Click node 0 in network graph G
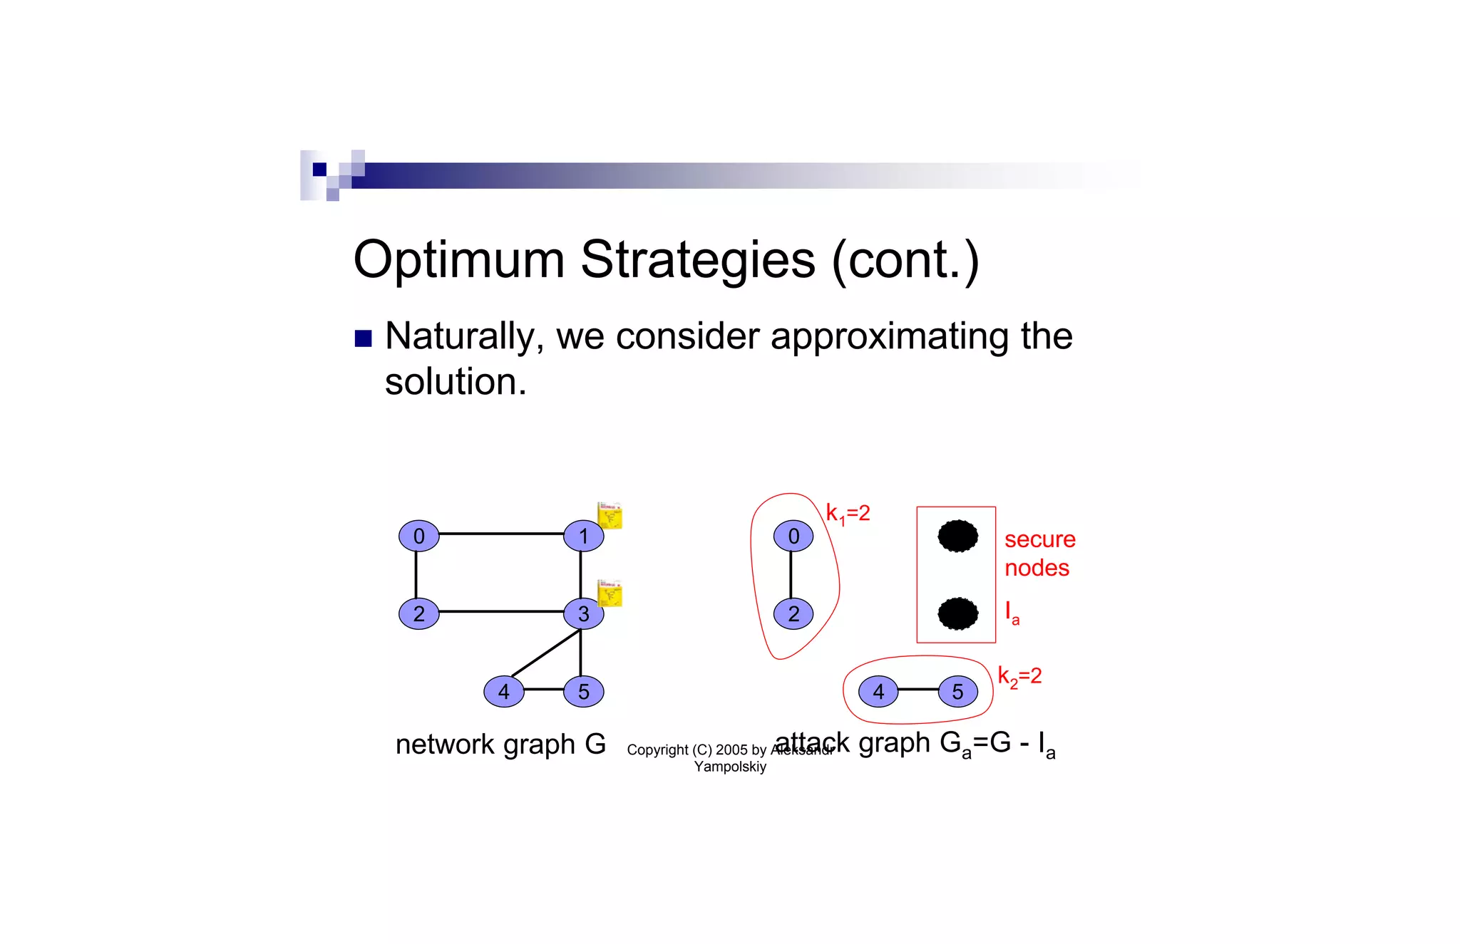418,536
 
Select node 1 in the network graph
583,536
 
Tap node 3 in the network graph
583,613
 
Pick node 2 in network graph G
418,613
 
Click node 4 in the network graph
503,691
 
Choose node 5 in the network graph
583,691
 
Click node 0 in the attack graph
793,536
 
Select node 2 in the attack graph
793,613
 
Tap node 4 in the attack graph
878,691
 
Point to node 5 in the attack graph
957,691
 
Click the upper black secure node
957,536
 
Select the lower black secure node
957,613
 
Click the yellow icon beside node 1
610,515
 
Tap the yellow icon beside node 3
610,593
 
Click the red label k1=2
848,514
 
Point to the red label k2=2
1019,676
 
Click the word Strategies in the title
697,259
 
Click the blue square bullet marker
364,338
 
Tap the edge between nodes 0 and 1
501,534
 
